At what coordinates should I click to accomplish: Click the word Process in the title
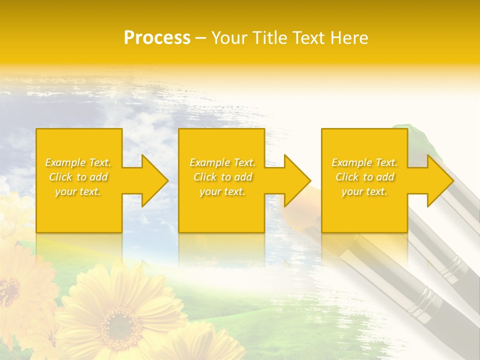157,38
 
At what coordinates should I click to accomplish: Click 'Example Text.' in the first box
78,162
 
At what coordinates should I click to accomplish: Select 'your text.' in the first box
78,191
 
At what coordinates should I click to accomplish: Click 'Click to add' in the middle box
222,177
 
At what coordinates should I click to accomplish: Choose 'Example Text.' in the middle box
222,162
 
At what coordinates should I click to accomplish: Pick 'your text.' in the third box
364,191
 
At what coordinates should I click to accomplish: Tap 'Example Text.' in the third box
364,162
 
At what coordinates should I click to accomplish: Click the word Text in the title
309,38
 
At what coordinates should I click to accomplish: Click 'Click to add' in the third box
364,177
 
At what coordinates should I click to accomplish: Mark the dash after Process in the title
200,38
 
